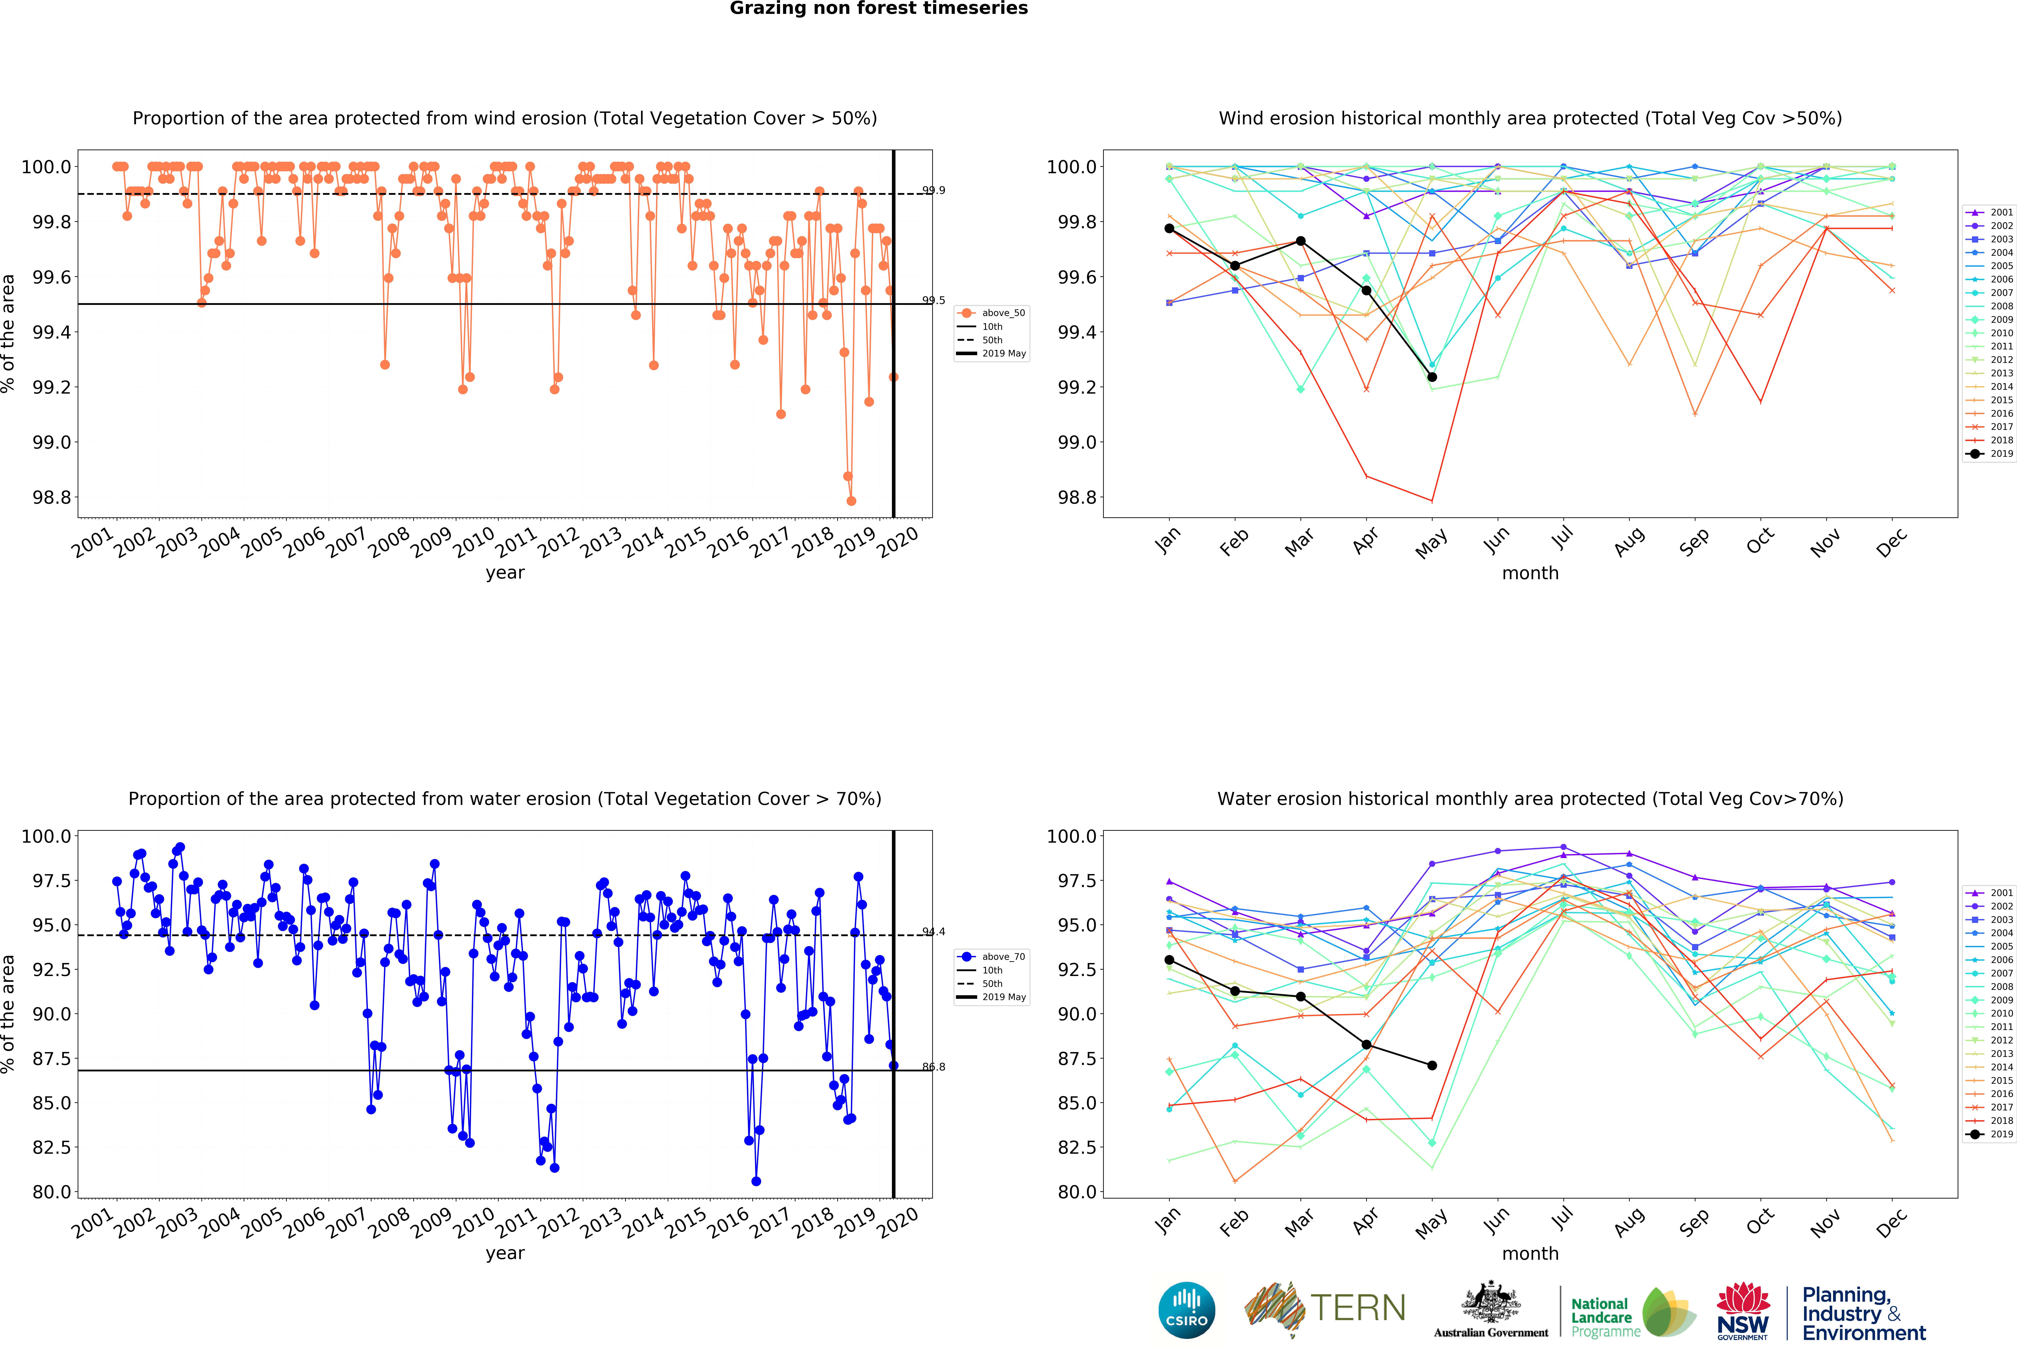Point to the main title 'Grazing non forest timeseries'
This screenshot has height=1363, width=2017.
tap(878, 9)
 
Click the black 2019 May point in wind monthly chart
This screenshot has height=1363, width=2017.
tap(1432, 377)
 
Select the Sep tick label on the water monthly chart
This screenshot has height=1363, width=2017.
tap(1693, 1222)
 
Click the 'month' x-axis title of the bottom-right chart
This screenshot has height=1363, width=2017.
tap(1530, 1254)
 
